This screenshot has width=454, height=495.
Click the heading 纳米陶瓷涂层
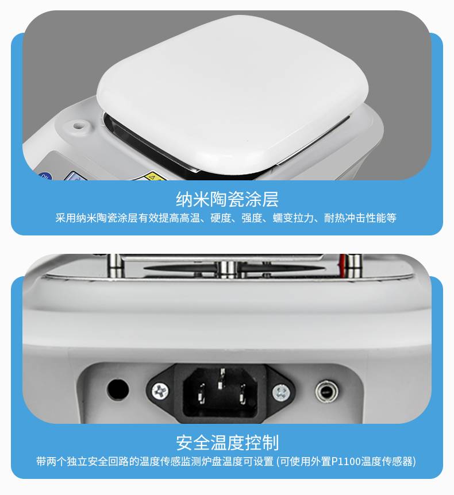[227, 199]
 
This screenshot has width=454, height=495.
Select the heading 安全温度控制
[227, 443]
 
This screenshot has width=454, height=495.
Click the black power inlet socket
[221, 392]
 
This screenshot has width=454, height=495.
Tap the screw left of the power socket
[160, 392]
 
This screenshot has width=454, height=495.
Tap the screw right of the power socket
[281, 393]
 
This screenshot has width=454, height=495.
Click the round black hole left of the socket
[118, 389]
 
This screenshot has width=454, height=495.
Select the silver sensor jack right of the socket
[326, 392]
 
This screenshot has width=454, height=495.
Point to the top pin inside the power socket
[222, 378]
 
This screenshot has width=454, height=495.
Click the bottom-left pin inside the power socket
[201, 393]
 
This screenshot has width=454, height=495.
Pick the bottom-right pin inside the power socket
[243, 394]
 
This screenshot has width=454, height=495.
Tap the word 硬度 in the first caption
[221, 218]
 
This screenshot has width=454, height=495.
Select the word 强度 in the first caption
[252, 218]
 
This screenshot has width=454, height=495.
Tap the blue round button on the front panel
[46, 177]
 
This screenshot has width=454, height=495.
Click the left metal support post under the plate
[115, 265]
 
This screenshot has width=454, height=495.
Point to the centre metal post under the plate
[227, 269]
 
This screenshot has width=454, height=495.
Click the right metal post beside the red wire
[353, 266]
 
